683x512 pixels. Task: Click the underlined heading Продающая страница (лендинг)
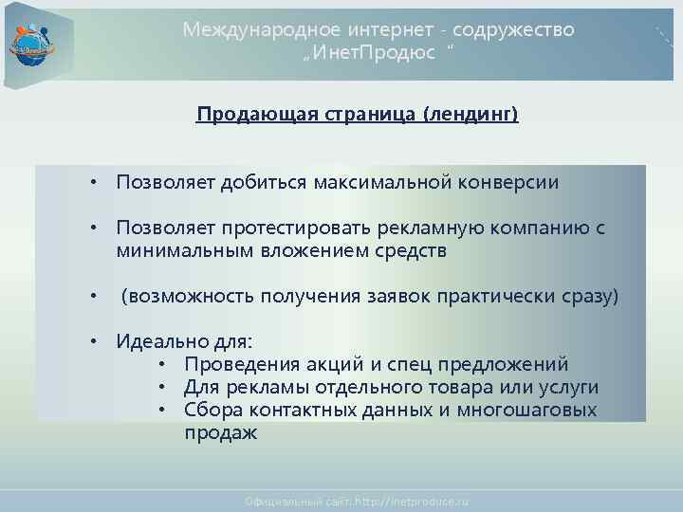(x=358, y=116)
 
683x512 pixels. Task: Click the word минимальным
(x=174, y=252)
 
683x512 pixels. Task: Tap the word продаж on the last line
(x=220, y=432)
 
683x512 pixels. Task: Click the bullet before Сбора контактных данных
(x=163, y=410)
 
